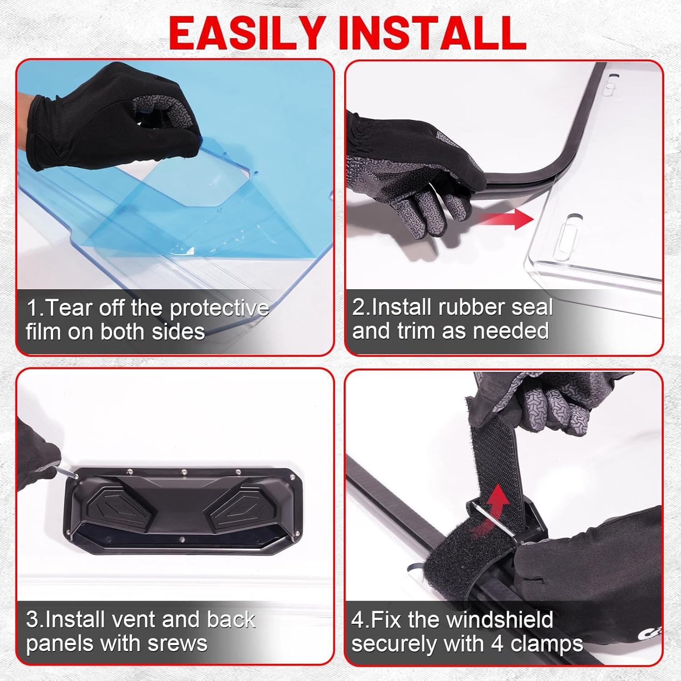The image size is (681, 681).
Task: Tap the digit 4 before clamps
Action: point(509,644)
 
